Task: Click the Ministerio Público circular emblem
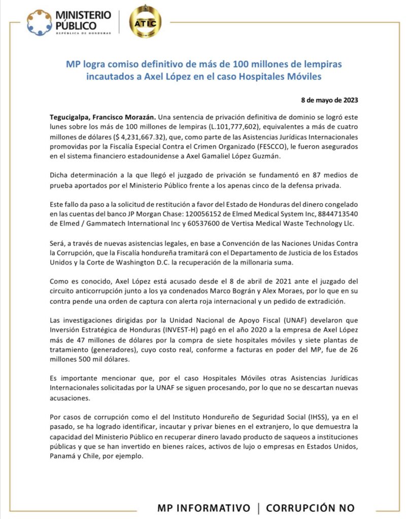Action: coord(39,22)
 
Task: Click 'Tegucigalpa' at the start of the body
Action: coord(73,117)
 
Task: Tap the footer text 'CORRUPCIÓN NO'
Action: coord(310,507)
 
